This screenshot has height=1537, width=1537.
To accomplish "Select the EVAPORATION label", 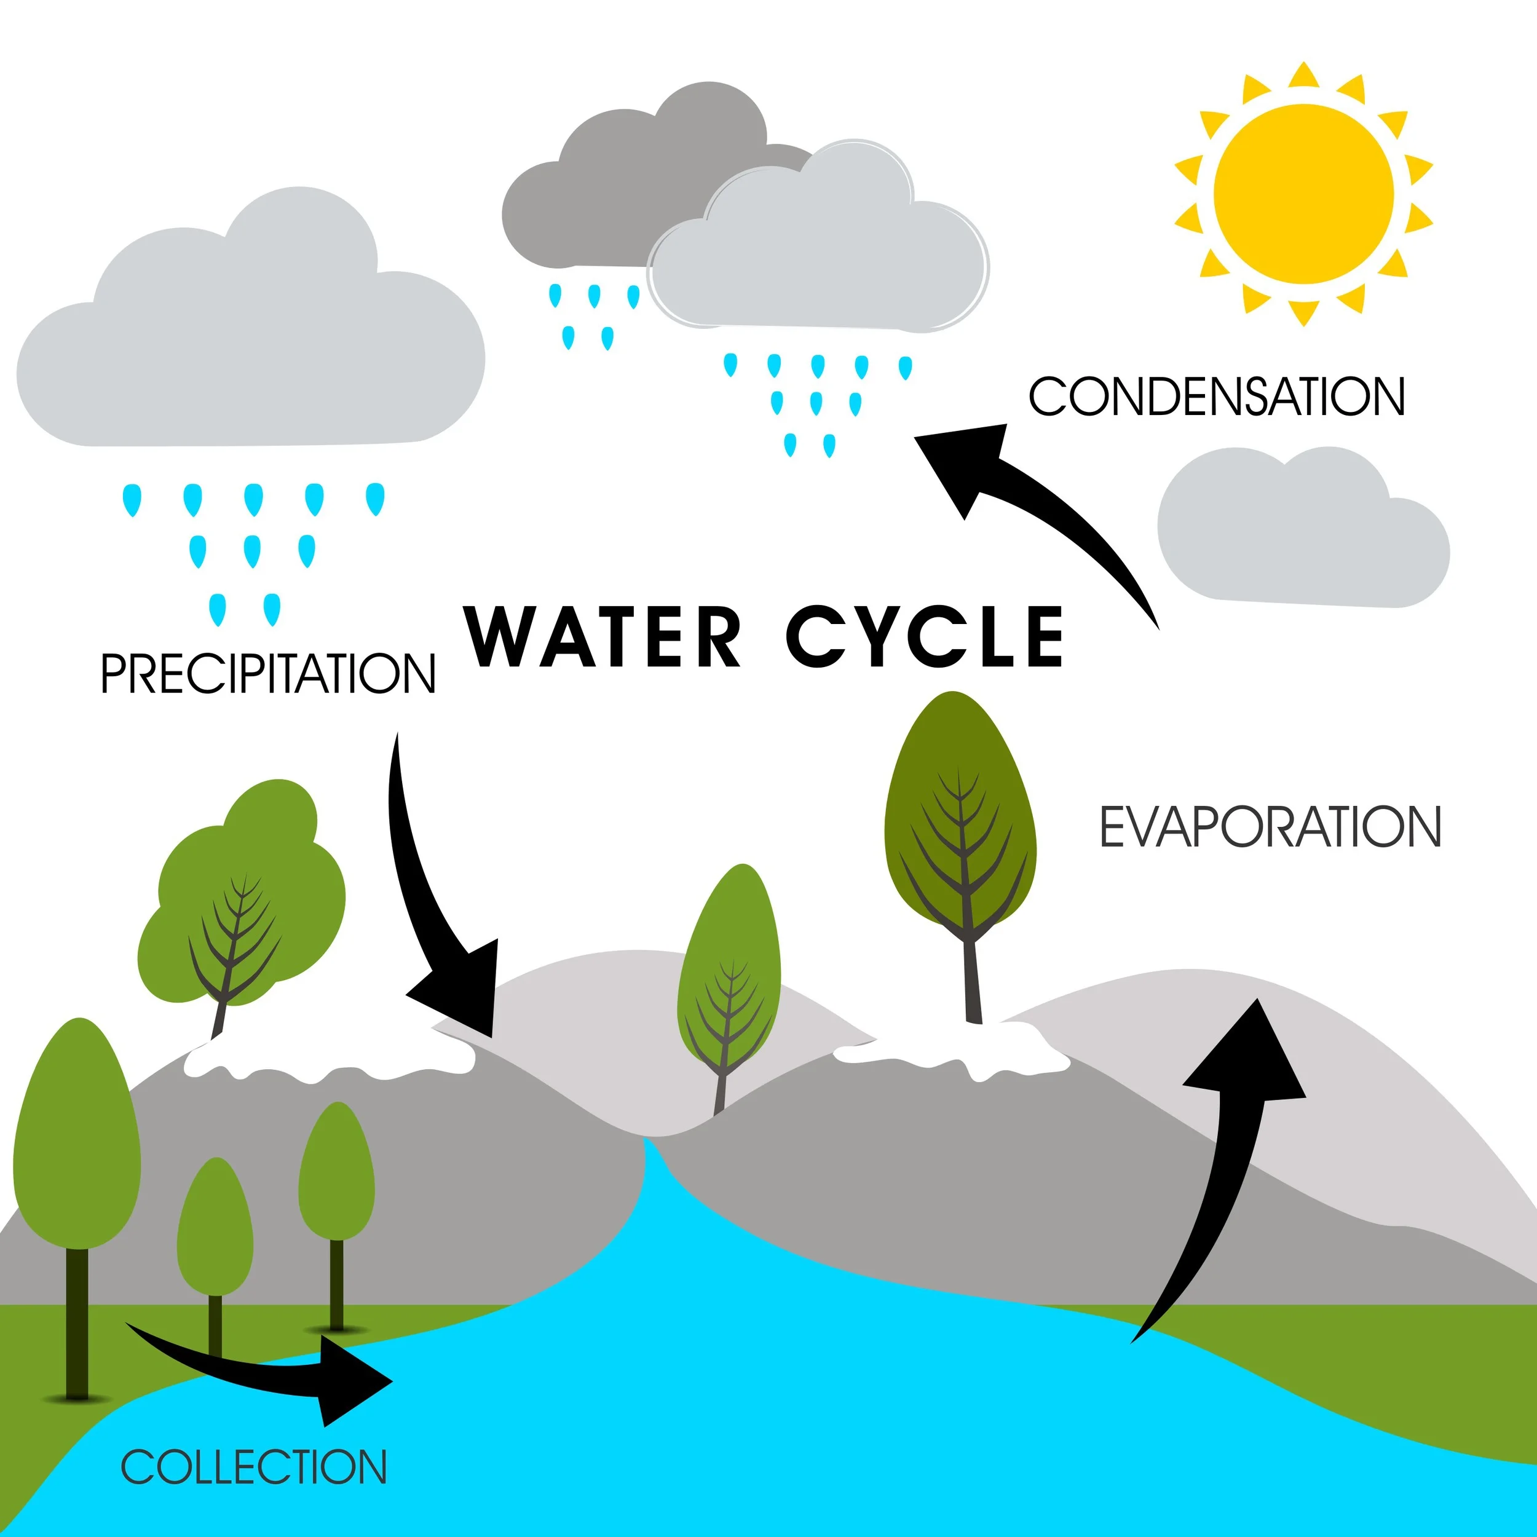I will [x=1270, y=828].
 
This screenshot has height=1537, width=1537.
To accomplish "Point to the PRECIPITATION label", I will [x=268, y=674].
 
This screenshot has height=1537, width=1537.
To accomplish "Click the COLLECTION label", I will [x=253, y=1467].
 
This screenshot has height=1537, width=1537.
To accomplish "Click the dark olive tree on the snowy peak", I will [x=960, y=820].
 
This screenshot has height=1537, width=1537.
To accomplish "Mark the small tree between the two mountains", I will [x=728, y=979].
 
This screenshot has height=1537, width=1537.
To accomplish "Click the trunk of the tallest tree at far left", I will [x=77, y=1321].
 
